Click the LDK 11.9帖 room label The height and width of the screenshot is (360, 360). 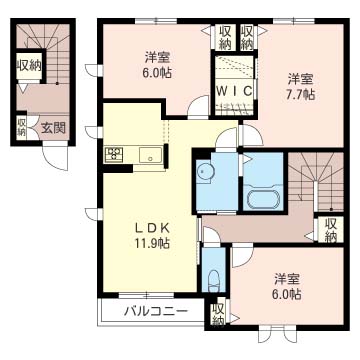click(x=152, y=236)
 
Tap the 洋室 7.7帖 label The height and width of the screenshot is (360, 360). click(x=300, y=87)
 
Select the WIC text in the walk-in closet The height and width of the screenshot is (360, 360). click(x=234, y=91)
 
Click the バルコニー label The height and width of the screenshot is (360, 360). click(x=156, y=312)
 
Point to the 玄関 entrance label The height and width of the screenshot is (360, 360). click(x=54, y=127)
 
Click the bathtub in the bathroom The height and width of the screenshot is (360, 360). click(x=264, y=200)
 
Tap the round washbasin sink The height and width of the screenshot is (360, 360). click(x=204, y=172)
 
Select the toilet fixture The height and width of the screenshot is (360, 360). click(x=213, y=280)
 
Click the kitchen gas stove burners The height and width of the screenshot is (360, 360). click(x=114, y=155)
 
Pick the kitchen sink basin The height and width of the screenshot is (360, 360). click(x=150, y=155)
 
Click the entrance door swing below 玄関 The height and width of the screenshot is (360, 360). click(x=55, y=155)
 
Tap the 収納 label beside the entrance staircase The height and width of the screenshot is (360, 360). click(x=29, y=66)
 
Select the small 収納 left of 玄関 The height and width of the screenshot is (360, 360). click(x=22, y=128)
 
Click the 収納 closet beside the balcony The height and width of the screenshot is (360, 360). click(x=218, y=313)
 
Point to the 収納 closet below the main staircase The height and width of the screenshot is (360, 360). click(x=331, y=230)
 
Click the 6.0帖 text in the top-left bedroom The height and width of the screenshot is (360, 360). click(x=159, y=73)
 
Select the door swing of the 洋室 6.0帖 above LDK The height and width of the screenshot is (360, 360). click(x=198, y=106)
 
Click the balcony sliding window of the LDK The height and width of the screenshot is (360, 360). click(x=146, y=295)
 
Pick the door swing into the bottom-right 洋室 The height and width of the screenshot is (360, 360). click(x=243, y=255)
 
